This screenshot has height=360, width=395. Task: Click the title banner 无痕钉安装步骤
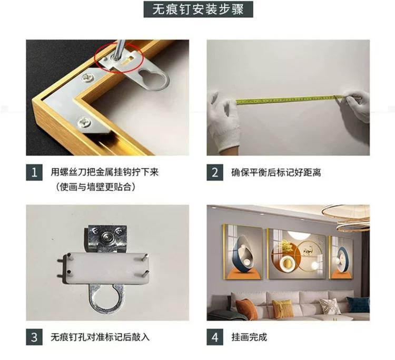pos(198,9)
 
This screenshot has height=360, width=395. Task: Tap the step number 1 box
pos(34,172)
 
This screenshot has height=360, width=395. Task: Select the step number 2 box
pos(215,172)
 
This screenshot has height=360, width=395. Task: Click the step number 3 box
pos(34,337)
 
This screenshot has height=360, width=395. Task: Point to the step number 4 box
pos(215,337)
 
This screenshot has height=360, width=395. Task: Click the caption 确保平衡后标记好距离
pos(276,172)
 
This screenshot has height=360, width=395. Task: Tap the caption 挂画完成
pos(249,337)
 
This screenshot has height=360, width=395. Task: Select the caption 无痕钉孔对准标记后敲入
pos(100,337)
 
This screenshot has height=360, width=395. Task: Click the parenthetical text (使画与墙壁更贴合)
pos(96,187)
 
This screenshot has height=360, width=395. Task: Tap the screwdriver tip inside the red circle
pos(115,59)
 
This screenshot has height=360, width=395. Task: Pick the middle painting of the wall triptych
pos(297,254)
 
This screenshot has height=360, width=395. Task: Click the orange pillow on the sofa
pos(246,309)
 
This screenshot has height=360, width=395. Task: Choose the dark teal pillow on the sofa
pos(358,306)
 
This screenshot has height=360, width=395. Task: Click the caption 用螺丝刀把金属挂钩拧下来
pos(105,172)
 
